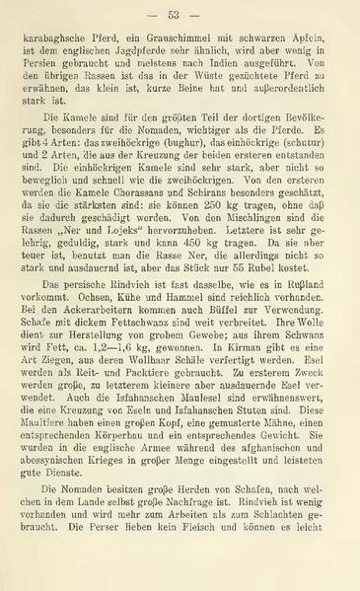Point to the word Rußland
click(x=310, y=346)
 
